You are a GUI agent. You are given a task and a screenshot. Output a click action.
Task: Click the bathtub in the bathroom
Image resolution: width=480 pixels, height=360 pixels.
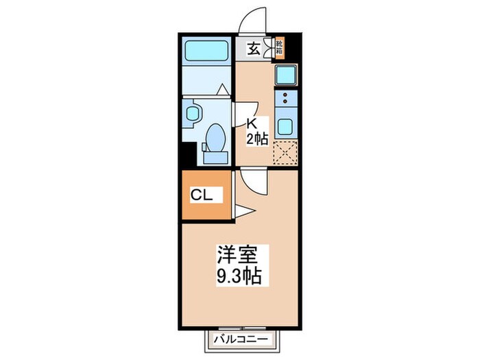pyautogui.click(x=207, y=51)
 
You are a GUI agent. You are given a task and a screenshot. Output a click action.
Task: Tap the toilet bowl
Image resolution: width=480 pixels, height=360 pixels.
pyautogui.click(x=215, y=136)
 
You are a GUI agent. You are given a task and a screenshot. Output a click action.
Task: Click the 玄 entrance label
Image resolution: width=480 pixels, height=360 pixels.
pyautogui.click(x=253, y=49)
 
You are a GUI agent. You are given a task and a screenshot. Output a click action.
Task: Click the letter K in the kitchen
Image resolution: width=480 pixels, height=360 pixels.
pyautogui.click(x=252, y=123)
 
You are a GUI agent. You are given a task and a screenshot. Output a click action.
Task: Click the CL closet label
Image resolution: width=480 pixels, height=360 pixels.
pyautogui.click(x=202, y=195)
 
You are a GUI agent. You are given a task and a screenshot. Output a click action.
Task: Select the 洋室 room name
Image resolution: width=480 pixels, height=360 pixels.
pyautogui.click(x=237, y=255)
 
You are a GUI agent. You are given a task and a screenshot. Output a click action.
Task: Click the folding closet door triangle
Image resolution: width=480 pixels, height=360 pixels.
pyautogui.click(x=244, y=211)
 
